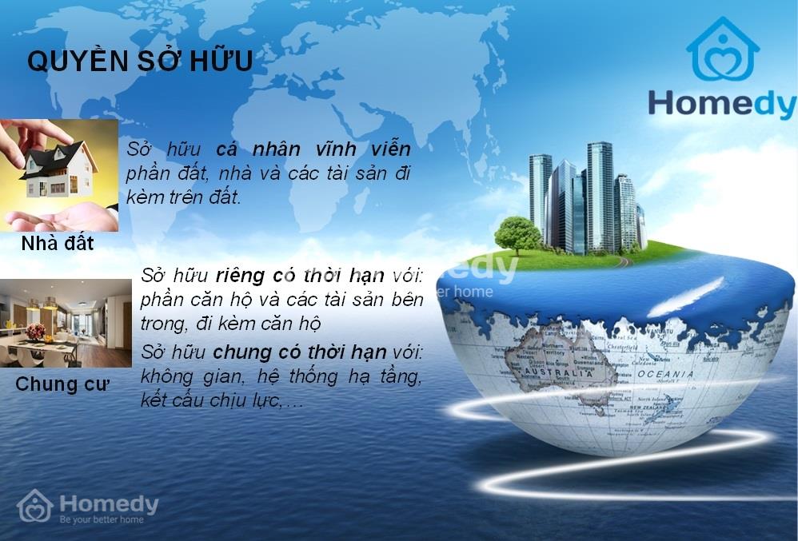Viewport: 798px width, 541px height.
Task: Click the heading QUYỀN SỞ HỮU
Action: click(140, 61)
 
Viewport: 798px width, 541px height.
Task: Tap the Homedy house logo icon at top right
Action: click(722, 50)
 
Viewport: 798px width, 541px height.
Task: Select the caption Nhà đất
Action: click(58, 243)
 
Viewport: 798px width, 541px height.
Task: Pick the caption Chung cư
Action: click(62, 384)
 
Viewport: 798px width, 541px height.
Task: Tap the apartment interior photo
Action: click(66, 323)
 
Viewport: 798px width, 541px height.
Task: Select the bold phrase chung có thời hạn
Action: click(300, 352)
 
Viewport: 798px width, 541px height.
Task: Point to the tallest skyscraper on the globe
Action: click(600, 196)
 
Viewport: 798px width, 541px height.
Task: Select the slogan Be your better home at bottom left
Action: click(102, 519)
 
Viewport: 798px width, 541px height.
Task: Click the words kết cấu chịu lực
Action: click(210, 400)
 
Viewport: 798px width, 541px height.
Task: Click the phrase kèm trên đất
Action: click(183, 198)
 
